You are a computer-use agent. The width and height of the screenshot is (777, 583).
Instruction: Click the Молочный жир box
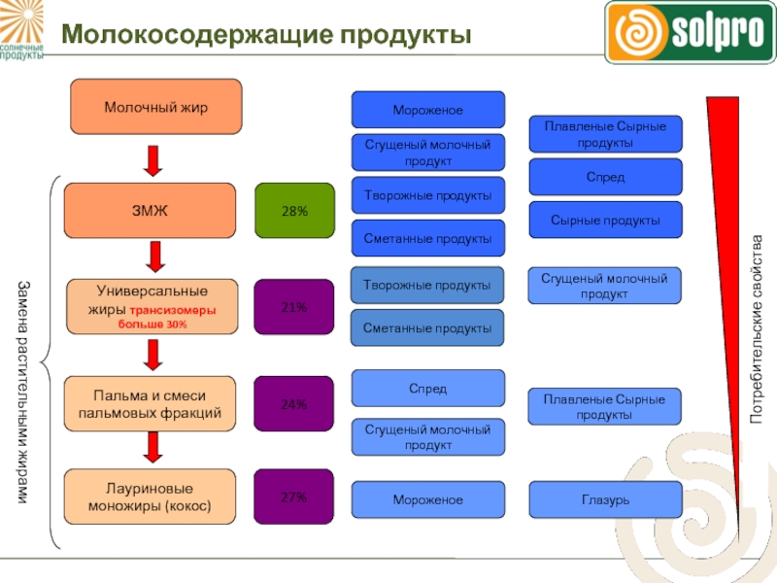coord(155,106)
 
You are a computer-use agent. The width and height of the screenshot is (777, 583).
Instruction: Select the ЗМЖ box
coord(150,211)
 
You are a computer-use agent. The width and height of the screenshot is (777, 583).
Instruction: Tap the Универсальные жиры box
coord(150,307)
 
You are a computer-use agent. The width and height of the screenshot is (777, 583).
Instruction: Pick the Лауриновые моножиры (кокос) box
coord(150,497)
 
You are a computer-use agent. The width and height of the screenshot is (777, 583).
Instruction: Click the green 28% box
coord(294,211)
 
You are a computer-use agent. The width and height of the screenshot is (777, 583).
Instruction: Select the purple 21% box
coord(294,307)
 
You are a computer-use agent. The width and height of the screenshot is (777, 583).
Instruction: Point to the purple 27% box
coord(294,497)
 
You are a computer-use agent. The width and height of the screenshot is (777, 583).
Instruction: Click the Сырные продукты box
coord(605,221)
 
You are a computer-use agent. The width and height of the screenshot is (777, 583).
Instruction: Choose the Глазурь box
coord(605,498)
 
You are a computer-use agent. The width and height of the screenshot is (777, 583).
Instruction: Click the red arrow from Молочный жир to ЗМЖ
coord(152,159)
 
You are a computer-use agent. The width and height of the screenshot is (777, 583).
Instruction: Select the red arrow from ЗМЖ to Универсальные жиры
coord(152,258)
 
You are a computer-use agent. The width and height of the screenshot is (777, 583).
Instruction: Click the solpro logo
coord(690,31)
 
